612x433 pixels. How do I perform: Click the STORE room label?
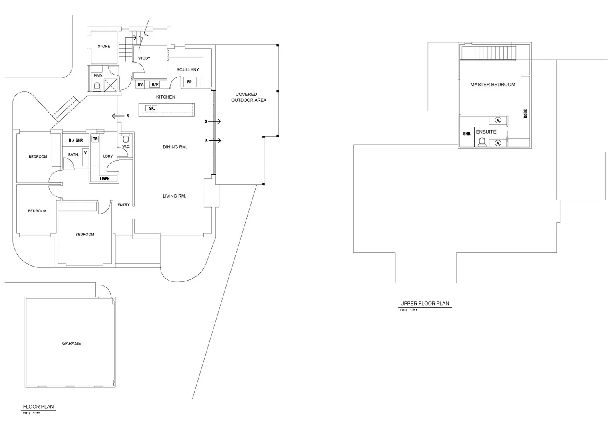[x=104, y=47]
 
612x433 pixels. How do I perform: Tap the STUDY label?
[x=144, y=59]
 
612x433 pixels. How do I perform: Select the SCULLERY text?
[x=187, y=70]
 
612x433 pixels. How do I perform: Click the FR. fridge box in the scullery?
[x=190, y=82]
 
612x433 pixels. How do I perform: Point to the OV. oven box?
[x=141, y=85]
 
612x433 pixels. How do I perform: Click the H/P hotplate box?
[x=155, y=85]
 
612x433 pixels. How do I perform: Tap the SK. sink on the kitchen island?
[x=152, y=109]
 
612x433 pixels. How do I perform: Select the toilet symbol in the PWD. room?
[x=97, y=87]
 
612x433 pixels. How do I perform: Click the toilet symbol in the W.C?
[x=126, y=139]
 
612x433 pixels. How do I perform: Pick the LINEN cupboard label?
[x=105, y=179]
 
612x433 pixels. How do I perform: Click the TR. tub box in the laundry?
[x=95, y=139]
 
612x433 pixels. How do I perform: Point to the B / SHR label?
[x=76, y=141]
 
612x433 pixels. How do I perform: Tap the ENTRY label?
[x=123, y=205]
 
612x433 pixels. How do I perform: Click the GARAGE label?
[x=71, y=344]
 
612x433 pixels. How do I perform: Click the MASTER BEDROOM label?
[x=493, y=85]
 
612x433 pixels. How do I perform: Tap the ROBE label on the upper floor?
[x=525, y=114]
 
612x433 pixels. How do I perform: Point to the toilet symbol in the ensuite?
[x=482, y=142]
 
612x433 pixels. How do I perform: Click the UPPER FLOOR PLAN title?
[x=425, y=304]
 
